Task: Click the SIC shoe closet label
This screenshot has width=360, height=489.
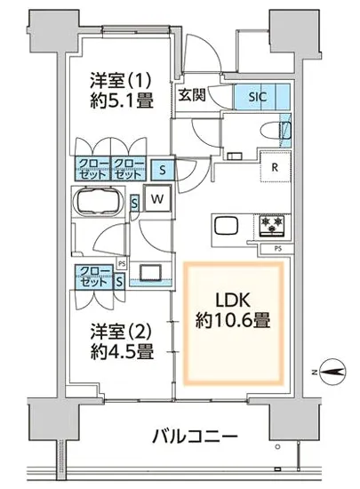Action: click(x=258, y=97)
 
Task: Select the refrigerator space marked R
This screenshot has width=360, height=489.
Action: click(x=276, y=167)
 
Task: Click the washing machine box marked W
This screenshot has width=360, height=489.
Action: click(x=157, y=198)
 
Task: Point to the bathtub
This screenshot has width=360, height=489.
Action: click(x=98, y=201)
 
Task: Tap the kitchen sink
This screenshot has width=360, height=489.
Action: click(x=227, y=227)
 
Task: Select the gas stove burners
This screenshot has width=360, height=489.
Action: click(x=273, y=226)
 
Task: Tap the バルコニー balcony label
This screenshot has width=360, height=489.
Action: click(x=195, y=436)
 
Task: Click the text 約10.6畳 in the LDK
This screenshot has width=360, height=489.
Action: click(x=233, y=321)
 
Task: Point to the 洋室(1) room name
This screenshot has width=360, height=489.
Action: click(x=121, y=80)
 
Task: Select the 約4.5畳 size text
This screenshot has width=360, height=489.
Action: click(x=122, y=352)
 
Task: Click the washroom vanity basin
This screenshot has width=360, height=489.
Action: click(x=151, y=272)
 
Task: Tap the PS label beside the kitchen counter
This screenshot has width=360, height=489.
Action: click(x=278, y=249)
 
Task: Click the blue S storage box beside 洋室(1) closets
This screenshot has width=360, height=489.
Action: click(x=163, y=170)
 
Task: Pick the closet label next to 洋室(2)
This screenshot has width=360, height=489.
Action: click(x=94, y=277)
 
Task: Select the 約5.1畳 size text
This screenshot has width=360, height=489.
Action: click(x=122, y=100)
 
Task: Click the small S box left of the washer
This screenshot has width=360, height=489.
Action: click(x=134, y=204)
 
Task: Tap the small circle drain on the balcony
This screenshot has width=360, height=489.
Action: click(x=277, y=447)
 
